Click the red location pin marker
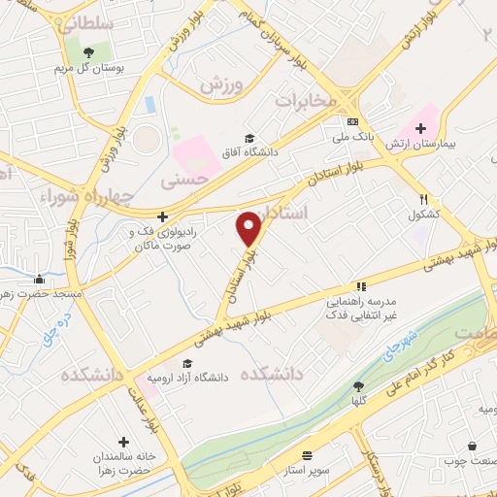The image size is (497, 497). (250, 228)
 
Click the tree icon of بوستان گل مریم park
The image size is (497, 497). (89, 52)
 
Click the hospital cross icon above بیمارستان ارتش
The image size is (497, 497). (420, 127)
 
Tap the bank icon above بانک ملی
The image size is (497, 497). (351, 122)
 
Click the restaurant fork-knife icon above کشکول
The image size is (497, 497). (425, 198)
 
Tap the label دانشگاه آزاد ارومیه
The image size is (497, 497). (193, 377)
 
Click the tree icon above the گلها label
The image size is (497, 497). (360, 385)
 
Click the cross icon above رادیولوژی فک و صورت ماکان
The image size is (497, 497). (162, 216)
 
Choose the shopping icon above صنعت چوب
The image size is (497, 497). (472, 446)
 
